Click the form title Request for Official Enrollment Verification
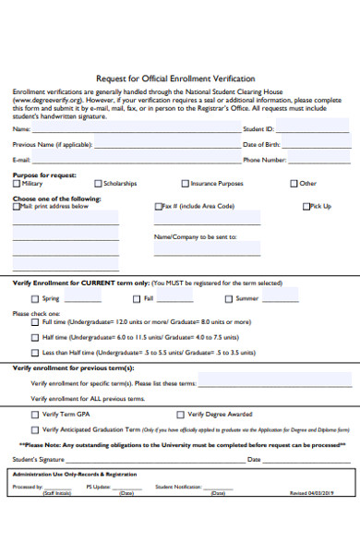click(175, 78)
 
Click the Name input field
click(134, 130)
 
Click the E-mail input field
click(134, 160)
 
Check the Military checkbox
click(16, 184)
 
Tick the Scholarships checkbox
click(98, 184)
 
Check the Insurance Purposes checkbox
click(186, 184)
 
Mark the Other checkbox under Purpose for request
click(294, 184)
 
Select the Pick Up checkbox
click(306, 207)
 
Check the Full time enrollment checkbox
click(35, 322)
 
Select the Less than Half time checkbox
click(35, 353)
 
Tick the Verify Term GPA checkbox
click(35, 415)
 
